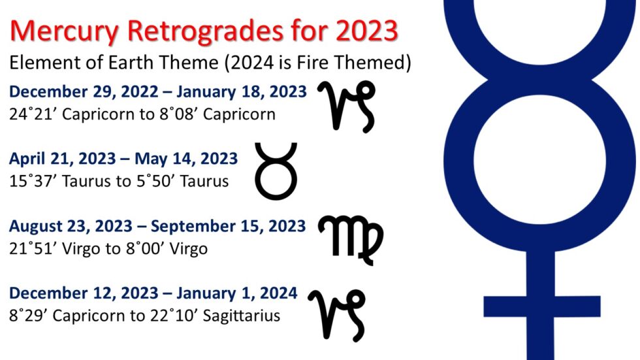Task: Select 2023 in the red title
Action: (x=366, y=31)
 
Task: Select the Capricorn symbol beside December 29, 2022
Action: (x=347, y=105)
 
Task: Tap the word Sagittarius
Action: (x=240, y=316)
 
